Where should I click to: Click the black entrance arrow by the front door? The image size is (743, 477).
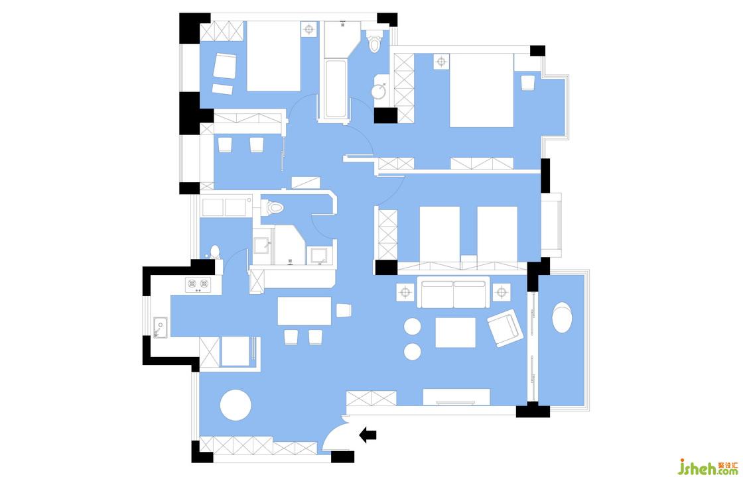(x=368, y=435)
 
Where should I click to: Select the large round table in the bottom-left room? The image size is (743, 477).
(x=236, y=405)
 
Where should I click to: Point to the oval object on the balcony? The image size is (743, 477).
(x=562, y=317)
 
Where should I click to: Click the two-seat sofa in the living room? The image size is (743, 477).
(x=453, y=294)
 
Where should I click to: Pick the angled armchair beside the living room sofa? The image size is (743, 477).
(x=506, y=328)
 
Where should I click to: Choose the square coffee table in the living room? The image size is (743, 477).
(x=455, y=332)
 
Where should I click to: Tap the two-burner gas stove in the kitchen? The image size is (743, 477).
(x=198, y=284)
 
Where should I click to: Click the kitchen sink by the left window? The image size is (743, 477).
(x=160, y=327)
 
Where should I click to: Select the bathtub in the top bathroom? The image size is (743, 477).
(x=336, y=89)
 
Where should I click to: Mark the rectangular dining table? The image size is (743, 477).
(x=304, y=311)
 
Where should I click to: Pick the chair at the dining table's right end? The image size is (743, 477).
(x=344, y=311)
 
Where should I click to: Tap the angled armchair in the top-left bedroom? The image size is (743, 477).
(x=224, y=66)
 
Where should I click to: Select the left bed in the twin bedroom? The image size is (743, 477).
(x=439, y=234)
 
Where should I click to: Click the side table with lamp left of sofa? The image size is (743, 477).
(x=405, y=292)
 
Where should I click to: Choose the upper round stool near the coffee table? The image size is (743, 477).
(x=413, y=327)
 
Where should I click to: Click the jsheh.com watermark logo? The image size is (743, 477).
(x=707, y=466)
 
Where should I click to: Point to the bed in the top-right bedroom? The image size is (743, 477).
(x=482, y=90)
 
